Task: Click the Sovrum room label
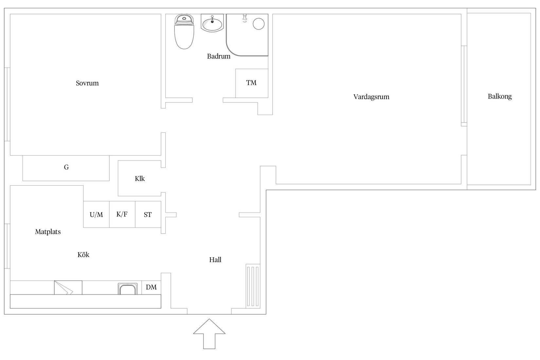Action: pyautogui.click(x=87, y=83)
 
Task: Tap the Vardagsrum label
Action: pyautogui.click(x=371, y=97)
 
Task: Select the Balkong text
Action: pyautogui.click(x=499, y=97)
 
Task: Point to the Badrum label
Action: pyautogui.click(x=219, y=56)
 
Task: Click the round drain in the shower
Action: pyautogui.click(x=259, y=24)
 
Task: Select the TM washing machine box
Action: pyautogui.click(x=251, y=83)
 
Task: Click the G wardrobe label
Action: pyautogui.click(x=66, y=167)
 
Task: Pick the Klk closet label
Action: pyautogui.click(x=140, y=179)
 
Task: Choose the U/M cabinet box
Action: pyautogui.click(x=96, y=215)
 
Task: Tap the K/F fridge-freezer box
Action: pyautogui.click(x=122, y=214)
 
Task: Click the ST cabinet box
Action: pyautogui.click(x=148, y=215)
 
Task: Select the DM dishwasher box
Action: pyautogui.click(x=151, y=287)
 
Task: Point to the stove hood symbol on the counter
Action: pyautogui.click(x=68, y=287)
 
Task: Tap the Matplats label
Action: pyautogui.click(x=48, y=232)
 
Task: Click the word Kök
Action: pyautogui.click(x=83, y=255)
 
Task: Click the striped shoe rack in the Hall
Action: pyautogui.click(x=253, y=286)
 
